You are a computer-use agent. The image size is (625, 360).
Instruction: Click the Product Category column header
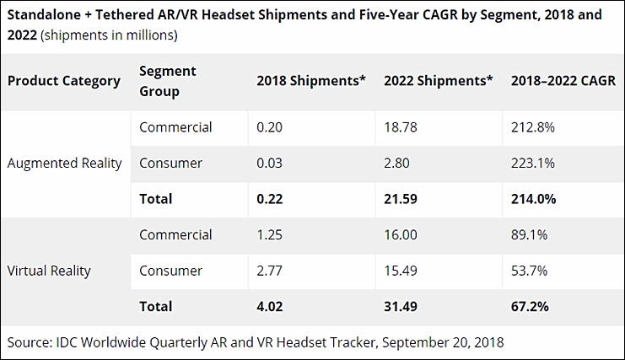point(63,81)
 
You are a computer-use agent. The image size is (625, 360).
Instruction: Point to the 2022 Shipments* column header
point(439,81)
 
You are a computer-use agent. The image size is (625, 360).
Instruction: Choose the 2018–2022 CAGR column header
point(563,81)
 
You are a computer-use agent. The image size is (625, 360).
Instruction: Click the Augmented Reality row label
point(64,163)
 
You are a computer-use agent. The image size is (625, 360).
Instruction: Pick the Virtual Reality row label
point(50,271)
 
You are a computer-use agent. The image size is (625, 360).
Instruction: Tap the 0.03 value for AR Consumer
point(269,163)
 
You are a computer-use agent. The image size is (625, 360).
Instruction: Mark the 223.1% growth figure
point(532,163)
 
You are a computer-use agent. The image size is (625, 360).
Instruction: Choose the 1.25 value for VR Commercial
point(269,234)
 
